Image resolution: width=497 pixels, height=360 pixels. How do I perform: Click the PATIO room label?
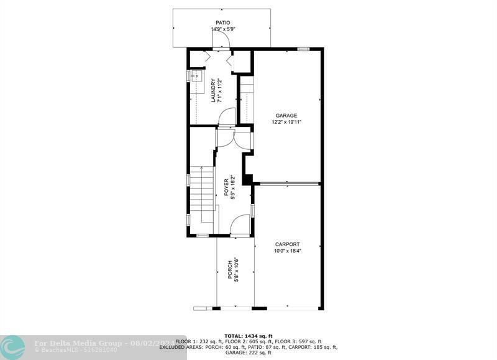[x=222, y=22]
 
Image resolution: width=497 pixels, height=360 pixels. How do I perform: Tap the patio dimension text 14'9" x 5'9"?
[x=222, y=29]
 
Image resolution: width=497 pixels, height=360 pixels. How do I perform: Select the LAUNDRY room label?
[x=212, y=90]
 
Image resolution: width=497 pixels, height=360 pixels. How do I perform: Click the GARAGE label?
[x=286, y=115]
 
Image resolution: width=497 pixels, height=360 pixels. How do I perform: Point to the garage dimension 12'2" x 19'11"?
[x=286, y=122]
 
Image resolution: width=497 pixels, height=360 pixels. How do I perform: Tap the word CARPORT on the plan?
[x=287, y=244]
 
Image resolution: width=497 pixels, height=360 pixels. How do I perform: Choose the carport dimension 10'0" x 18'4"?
[x=287, y=251]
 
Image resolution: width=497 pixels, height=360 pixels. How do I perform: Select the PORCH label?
[x=229, y=270]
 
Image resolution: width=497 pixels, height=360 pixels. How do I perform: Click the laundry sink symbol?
[x=196, y=77]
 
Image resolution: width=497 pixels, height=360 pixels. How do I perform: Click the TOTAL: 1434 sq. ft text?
[x=248, y=336]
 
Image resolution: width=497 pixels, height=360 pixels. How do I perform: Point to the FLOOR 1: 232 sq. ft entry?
[x=200, y=342]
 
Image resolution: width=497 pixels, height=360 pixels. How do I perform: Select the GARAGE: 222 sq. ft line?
[x=248, y=353]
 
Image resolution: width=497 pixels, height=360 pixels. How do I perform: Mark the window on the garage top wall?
[x=303, y=48]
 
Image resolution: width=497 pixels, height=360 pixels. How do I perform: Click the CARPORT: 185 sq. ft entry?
[x=314, y=348]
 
